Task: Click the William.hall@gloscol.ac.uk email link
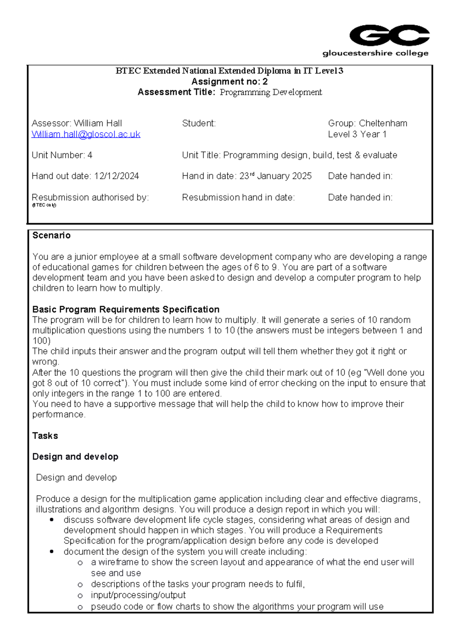pyautogui.click(x=86, y=134)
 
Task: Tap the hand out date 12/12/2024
pyautogui.click(x=117, y=176)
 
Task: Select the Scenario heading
pyautogui.click(x=51, y=235)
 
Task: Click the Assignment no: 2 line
pyautogui.click(x=229, y=81)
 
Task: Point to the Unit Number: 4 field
pyautogui.click(x=62, y=155)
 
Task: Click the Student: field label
pyautogui.click(x=199, y=123)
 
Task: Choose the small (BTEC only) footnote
pyautogui.click(x=44, y=205)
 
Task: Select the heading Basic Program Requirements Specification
pyautogui.click(x=126, y=309)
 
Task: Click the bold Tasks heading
pyautogui.click(x=45, y=436)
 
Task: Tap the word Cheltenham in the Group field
pyautogui.click(x=383, y=123)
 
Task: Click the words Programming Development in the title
pyautogui.click(x=271, y=92)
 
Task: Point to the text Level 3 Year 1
pyautogui.click(x=357, y=134)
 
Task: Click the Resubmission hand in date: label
pyautogui.click(x=238, y=198)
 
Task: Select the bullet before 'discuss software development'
pyautogui.click(x=51, y=520)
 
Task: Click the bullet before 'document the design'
pyautogui.click(x=51, y=552)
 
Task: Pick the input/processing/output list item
pyautogui.click(x=138, y=595)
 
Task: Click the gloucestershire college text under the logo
pyautogui.click(x=375, y=53)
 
